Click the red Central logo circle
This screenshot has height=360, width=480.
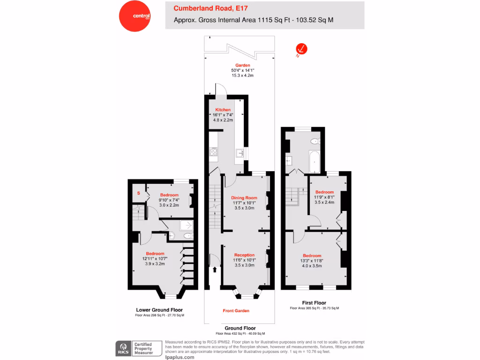[x=135, y=15]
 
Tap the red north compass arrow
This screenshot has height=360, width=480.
[x=301, y=49]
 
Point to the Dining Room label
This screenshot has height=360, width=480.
[x=244, y=198]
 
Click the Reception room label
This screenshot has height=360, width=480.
[x=244, y=255]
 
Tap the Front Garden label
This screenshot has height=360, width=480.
[x=236, y=311]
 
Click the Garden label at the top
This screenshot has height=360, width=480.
[x=242, y=65]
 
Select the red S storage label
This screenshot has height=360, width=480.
[x=138, y=193]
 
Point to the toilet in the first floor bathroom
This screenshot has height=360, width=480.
[x=315, y=141]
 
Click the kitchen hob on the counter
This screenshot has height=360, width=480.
[x=214, y=151]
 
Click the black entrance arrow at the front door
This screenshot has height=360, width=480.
[x=215, y=270]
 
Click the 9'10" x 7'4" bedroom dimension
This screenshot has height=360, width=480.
[x=169, y=200]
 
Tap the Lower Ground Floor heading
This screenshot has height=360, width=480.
[x=159, y=310]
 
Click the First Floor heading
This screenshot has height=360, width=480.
[x=314, y=303]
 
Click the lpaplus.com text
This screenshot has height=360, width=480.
[x=180, y=357]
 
